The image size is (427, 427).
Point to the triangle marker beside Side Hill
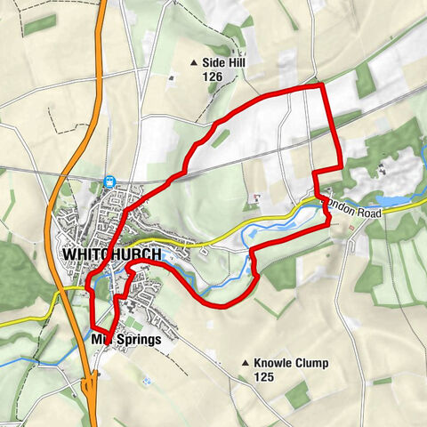click(x=194, y=62)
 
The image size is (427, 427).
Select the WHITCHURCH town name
click(x=112, y=254)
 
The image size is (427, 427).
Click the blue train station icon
click(x=109, y=181)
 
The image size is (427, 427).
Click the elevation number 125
click(x=265, y=377)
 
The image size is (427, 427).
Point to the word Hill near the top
click(x=236, y=62)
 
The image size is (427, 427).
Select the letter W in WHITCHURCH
click(x=68, y=254)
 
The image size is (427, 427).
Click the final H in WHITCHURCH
click(x=156, y=254)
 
